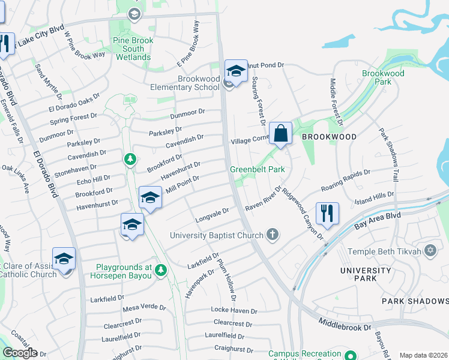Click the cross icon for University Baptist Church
coord(273,234)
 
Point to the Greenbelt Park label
coord(257,170)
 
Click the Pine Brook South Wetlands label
coord(133,49)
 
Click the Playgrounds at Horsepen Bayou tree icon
coord(160,271)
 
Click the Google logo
coord(20,353)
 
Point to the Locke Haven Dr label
coord(234,311)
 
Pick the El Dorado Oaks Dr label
coord(74,105)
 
